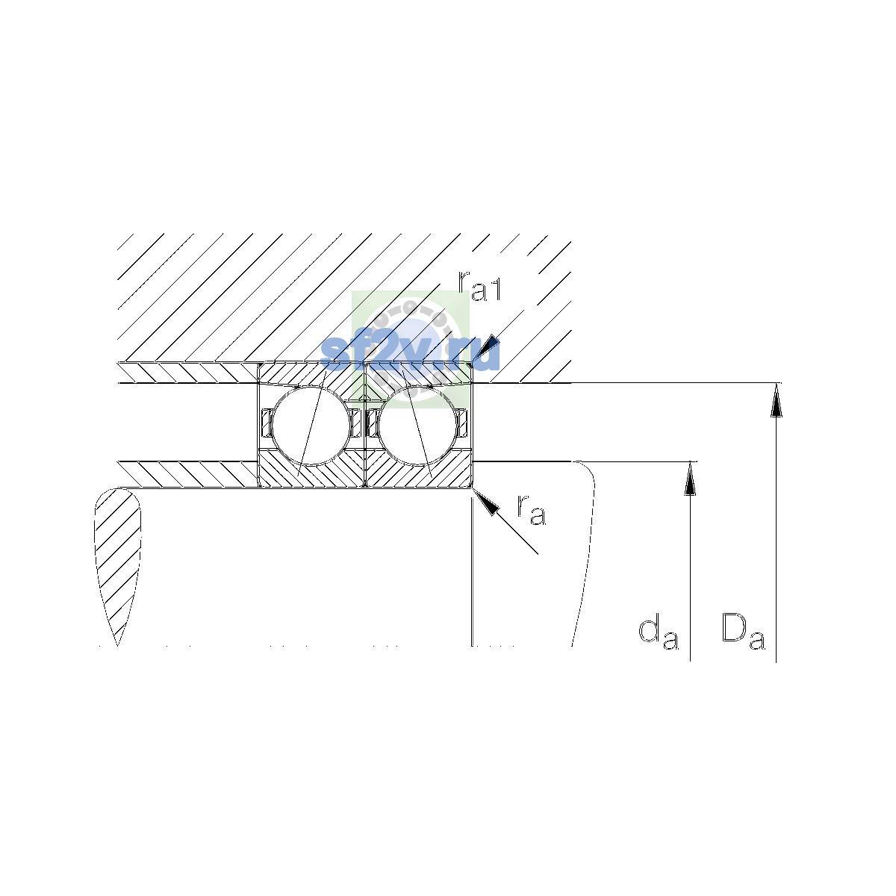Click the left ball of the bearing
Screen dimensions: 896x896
point(311,425)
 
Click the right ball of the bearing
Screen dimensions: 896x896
point(417,425)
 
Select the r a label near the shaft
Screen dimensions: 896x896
point(531,510)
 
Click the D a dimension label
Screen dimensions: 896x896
point(743,632)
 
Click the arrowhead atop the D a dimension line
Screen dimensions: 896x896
point(776,400)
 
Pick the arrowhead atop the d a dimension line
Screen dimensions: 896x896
point(690,478)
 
